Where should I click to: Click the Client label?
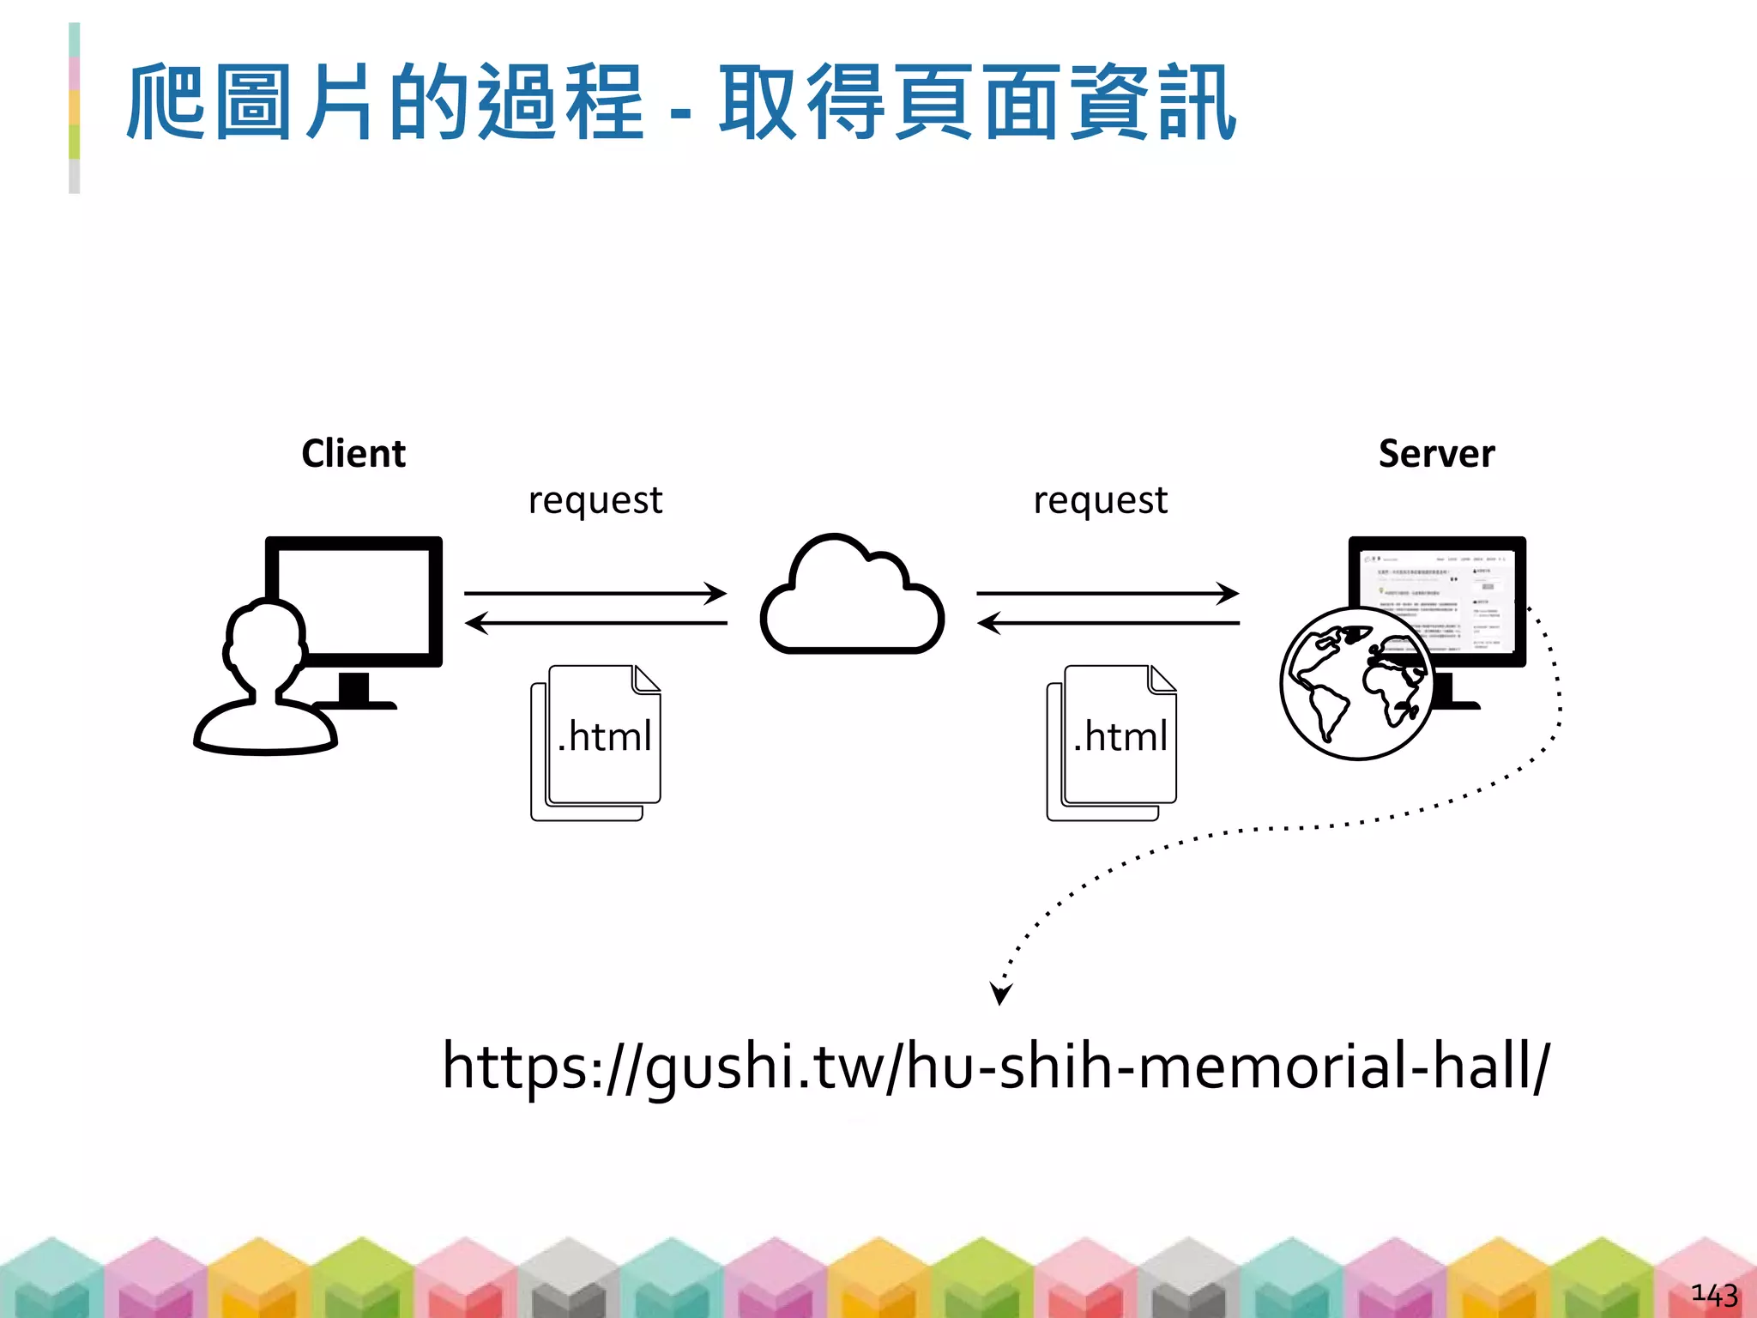[x=353, y=453]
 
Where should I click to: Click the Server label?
[x=1436, y=453]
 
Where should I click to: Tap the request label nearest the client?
[x=595, y=500]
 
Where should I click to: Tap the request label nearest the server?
[x=1101, y=500]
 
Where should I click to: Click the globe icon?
[x=1355, y=684]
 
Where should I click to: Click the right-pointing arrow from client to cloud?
[x=595, y=593]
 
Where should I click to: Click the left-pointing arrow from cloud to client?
[x=595, y=622]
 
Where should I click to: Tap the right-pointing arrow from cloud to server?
[x=1108, y=593]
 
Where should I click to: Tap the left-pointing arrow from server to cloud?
[x=1108, y=622]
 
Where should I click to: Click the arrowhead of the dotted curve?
[x=1000, y=994]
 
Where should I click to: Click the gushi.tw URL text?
[x=995, y=1066]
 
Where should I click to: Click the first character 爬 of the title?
[x=165, y=103]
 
